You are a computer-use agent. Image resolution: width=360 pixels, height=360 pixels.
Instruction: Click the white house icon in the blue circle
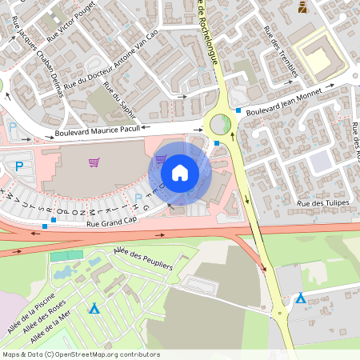(x=180, y=172)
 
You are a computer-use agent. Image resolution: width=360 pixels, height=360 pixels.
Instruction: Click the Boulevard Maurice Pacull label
(x=98, y=128)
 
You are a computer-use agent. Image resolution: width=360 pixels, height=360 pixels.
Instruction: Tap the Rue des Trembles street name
(x=281, y=54)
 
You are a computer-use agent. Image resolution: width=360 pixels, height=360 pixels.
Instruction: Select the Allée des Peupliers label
(x=143, y=262)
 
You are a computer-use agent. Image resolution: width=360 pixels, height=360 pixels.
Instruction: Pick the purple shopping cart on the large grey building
(x=94, y=162)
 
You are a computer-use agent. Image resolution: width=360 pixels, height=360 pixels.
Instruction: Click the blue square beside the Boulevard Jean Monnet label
(x=238, y=110)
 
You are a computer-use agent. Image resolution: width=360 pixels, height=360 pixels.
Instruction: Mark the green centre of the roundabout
(x=218, y=124)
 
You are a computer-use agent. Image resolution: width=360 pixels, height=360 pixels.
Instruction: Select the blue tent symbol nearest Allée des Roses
(x=94, y=308)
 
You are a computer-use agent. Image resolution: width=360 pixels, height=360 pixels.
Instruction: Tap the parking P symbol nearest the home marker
(x=138, y=197)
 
